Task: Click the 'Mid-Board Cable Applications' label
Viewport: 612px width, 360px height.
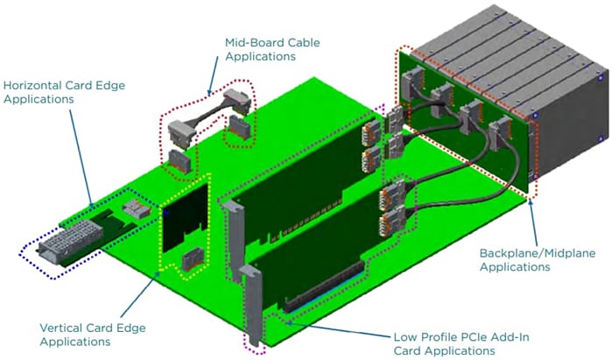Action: click(x=260, y=48)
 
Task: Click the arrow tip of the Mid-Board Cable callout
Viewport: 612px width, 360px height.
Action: click(x=210, y=91)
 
